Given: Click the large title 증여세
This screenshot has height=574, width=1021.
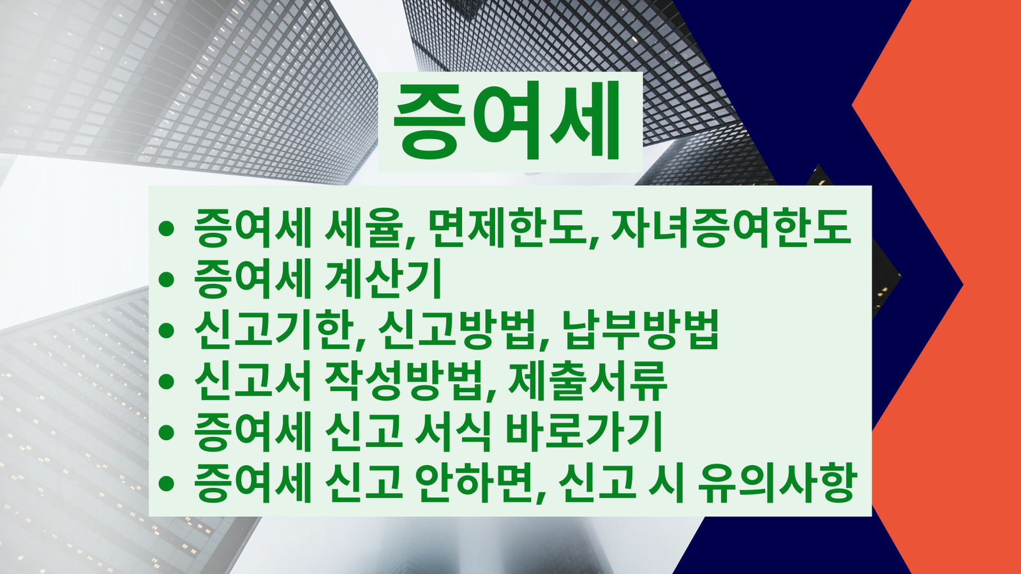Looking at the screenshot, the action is (x=508, y=121).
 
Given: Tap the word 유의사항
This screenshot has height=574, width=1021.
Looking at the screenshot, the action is (x=775, y=482).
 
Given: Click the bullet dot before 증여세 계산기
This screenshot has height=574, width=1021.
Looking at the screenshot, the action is (x=167, y=279).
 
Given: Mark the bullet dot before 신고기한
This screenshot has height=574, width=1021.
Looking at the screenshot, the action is (x=167, y=330).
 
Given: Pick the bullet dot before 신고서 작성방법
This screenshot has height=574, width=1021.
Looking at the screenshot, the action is (x=167, y=381).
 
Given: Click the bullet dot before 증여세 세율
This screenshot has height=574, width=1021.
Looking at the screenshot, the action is (x=167, y=228).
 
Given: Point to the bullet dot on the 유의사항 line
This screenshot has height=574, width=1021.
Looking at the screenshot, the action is (x=167, y=483).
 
